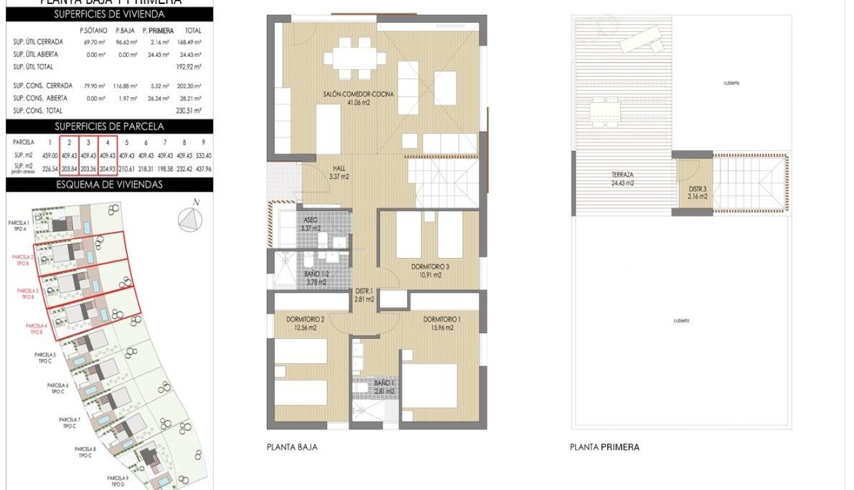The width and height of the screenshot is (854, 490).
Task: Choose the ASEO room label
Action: [x=311, y=224]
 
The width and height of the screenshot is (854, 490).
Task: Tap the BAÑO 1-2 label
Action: [x=317, y=277]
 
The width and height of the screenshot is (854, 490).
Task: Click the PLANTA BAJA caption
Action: [x=292, y=447]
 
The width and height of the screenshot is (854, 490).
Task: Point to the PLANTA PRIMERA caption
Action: [x=604, y=447]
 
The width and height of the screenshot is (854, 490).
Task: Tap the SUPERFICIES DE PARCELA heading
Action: [x=109, y=126]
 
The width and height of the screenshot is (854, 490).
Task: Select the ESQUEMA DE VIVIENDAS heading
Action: [x=109, y=185]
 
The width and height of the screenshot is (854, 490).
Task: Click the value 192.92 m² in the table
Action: [x=192, y=67]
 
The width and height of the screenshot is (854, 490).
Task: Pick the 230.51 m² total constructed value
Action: [x=192, y=111]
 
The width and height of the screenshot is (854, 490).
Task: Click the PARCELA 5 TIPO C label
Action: [x=45, y=357]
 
